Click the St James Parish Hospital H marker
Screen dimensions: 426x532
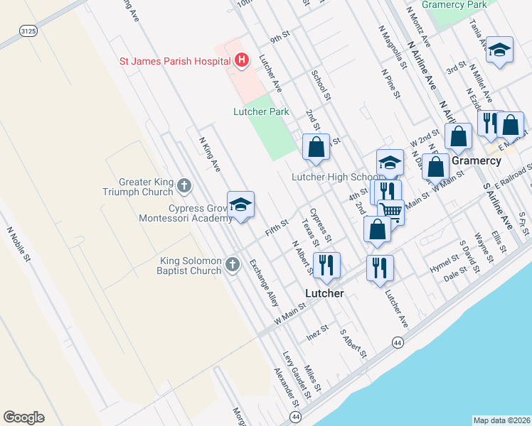pos(242,60)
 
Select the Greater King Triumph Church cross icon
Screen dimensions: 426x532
pos(184,186)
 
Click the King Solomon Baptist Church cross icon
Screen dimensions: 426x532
pos(232,265)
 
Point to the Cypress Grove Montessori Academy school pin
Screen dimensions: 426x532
pos(240,204)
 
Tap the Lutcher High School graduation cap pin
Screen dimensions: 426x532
pos(389,162)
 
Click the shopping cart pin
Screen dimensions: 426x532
pos(390,210)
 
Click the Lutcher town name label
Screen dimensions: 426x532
pos(324,293)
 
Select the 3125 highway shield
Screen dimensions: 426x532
pos(28,31)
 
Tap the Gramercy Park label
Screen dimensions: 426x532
pos(454,4)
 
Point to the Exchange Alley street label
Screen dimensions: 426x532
pos(263,283)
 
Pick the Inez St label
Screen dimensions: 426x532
pos(316,332)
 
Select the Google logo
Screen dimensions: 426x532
pos(23,417)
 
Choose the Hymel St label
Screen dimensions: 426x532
pos(446,266)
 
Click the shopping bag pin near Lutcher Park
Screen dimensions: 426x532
pos(316,147)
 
